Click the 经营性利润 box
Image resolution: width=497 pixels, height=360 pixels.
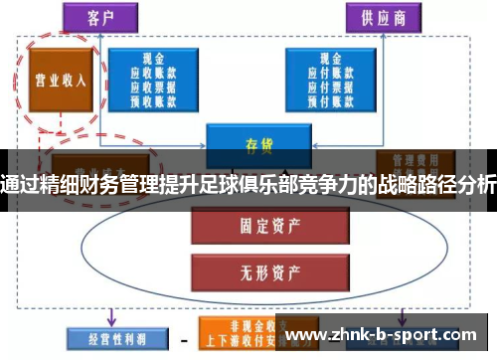coord(107,338)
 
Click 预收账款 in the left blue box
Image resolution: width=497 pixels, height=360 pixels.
coord(154,98)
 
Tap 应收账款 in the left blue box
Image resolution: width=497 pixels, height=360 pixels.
coord(154,73)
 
